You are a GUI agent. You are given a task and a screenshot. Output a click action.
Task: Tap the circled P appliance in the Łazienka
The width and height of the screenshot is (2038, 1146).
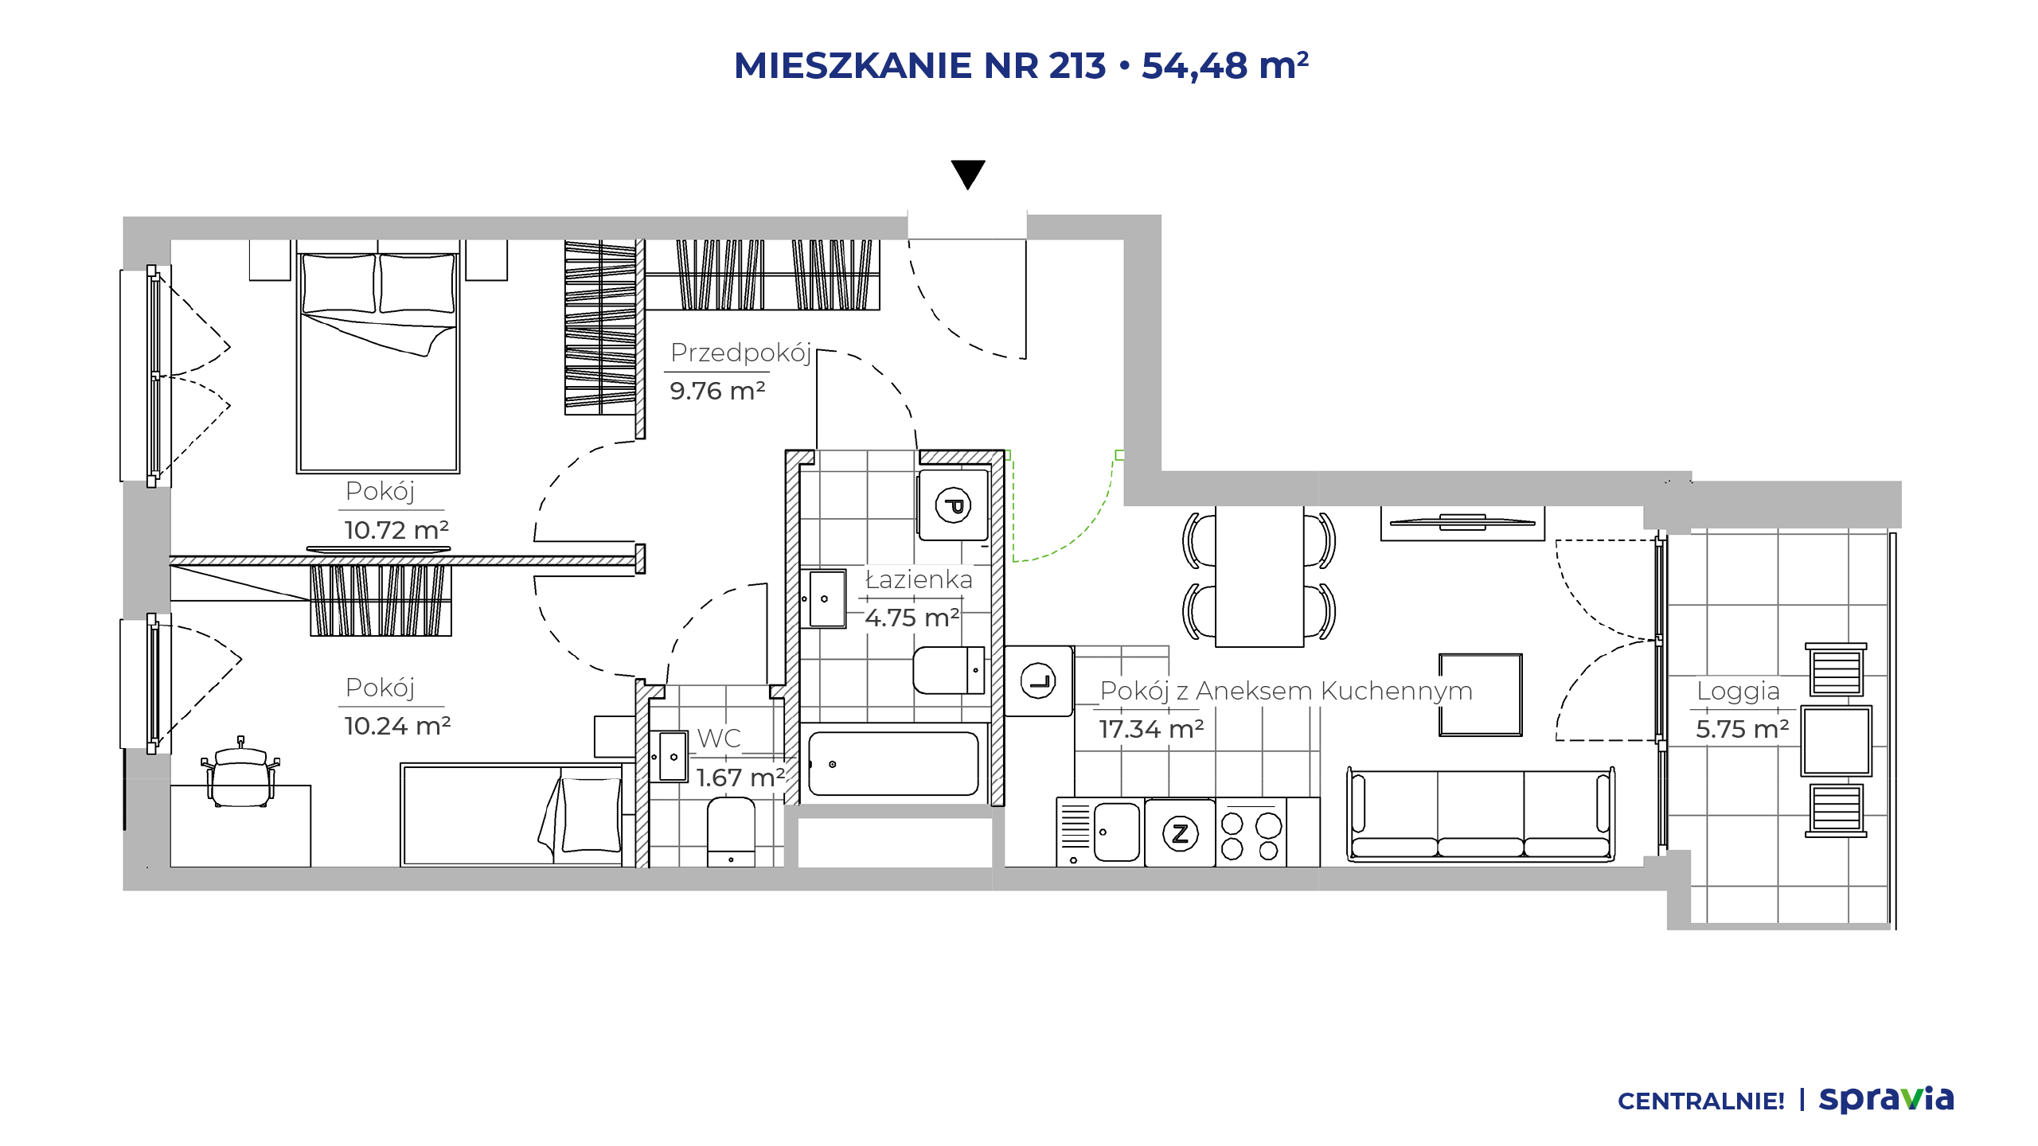point(953,505)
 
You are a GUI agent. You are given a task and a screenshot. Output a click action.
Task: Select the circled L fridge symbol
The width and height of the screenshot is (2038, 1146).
point(1038,680)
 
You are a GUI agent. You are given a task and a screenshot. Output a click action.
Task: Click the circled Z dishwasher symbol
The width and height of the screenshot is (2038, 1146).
point(1181,833)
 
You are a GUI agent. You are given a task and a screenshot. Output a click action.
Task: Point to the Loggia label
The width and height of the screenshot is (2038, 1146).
point(1738,691)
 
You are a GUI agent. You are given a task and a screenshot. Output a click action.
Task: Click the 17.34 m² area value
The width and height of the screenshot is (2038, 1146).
point(1151,728)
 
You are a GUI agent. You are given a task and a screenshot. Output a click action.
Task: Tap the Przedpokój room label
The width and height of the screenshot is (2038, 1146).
point(741,353)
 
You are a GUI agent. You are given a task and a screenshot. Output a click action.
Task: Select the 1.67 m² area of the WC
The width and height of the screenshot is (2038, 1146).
point(740,777)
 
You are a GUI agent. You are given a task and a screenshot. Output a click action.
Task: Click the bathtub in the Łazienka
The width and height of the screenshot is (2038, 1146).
point(893,764)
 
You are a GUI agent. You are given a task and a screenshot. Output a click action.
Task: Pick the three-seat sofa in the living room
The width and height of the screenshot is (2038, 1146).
point(1481,814)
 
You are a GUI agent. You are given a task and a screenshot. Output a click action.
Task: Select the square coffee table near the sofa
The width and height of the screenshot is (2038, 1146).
point(1481,695)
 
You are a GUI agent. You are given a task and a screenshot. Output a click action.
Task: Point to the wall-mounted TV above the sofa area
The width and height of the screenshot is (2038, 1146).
point(1462,523)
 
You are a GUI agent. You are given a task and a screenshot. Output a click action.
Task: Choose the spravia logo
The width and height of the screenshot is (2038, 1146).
point(1887,1099)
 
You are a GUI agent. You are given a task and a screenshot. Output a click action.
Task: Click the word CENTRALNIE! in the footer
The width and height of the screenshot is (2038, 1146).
point(1701,1101)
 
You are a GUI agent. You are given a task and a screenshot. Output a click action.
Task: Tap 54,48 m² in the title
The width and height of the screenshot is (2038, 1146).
point(1225,65)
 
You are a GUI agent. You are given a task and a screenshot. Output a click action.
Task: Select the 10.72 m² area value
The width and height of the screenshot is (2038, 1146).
point(396,529)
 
